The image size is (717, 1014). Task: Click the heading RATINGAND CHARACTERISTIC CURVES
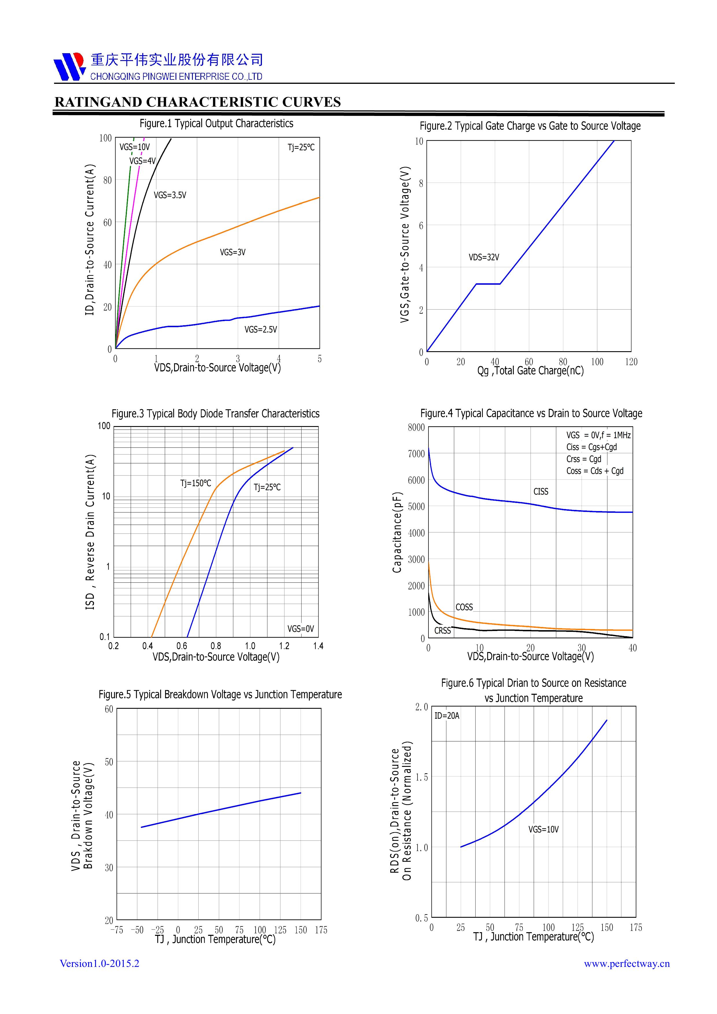197,102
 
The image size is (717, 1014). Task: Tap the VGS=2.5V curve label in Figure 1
261,330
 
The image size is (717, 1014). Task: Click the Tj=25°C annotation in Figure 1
301,147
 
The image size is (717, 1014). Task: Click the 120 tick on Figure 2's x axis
631,362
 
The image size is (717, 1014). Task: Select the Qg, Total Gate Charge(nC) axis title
530,371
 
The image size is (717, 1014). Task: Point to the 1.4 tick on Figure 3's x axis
318,646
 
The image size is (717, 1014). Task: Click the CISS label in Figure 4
541,492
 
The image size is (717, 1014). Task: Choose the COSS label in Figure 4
464,607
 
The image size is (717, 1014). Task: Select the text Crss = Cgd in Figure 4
584,459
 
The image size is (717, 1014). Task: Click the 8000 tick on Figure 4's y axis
416,428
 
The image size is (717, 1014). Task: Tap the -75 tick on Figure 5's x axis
117,930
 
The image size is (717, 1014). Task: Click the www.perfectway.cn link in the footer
627,964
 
